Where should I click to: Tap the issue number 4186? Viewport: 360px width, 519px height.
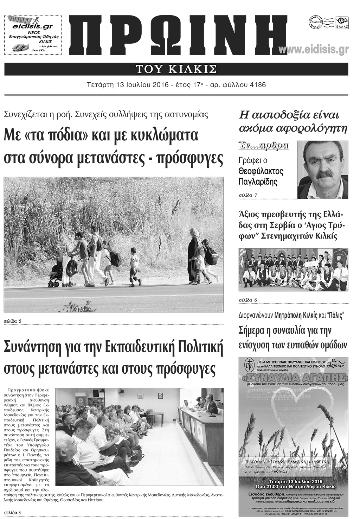click(x=257, y=85)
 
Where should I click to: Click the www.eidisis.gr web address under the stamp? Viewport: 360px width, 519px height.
click(x=314, y=50)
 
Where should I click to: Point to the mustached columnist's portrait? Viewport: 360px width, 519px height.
click(x=322, y=170)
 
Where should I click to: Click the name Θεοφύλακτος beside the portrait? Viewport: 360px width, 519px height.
click(x=261, y=171)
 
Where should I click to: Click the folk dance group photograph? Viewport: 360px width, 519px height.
click(x=294, y=270)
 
